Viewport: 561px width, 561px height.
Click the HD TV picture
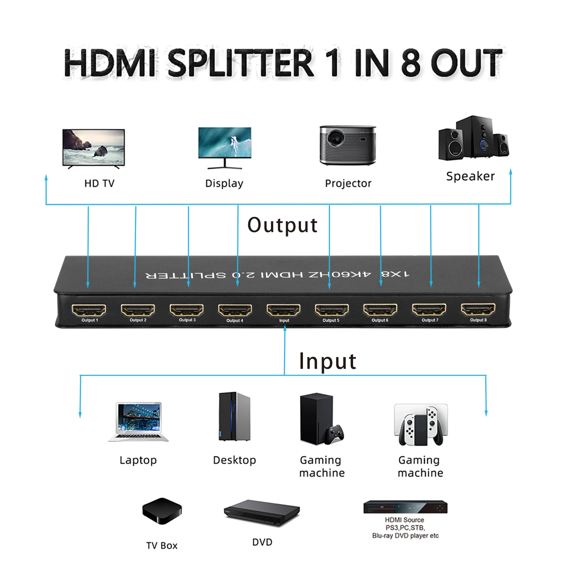pos(93,148)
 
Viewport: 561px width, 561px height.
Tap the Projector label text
pos(348,183)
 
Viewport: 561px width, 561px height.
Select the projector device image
pos(347,145)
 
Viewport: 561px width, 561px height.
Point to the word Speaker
pos(470,176)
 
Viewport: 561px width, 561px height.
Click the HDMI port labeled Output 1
pos(89,310)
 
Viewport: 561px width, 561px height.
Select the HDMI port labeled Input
pos(283,310)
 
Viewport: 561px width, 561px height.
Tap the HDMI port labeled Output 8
pos(478,310)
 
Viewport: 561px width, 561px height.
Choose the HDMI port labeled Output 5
pos(332,310)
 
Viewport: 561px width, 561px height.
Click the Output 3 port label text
pos(187,320)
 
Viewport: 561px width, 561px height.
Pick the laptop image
pos(139,421)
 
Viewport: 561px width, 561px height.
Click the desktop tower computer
pos(234,417)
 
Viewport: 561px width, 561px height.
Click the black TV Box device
pos(162,511)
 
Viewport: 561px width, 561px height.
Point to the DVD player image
pos(262,513)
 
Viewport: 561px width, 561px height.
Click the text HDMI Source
pos(404,520)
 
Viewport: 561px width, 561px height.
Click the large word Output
pos(282,225)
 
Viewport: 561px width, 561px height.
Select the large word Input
pos(327,361)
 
